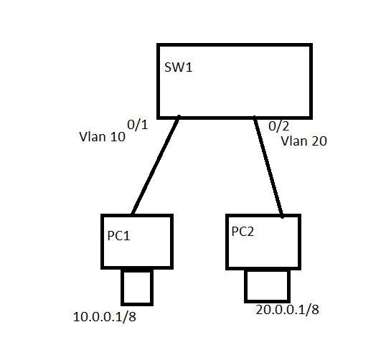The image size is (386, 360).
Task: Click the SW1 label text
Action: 178,67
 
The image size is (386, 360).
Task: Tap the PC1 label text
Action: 118,236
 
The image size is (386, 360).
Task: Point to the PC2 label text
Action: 243,232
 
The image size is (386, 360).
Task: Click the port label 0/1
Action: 137,125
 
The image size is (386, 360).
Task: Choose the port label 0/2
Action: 278,126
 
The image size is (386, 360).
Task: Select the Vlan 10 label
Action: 102,136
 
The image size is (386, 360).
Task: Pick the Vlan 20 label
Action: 303,141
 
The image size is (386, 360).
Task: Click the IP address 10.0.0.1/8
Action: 105,317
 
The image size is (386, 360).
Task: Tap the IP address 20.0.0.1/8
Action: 287,310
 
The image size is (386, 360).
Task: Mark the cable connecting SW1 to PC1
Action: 156,165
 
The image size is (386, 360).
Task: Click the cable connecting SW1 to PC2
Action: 268,167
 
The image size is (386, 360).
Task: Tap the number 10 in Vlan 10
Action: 118,137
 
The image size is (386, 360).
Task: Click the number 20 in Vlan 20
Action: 319,141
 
